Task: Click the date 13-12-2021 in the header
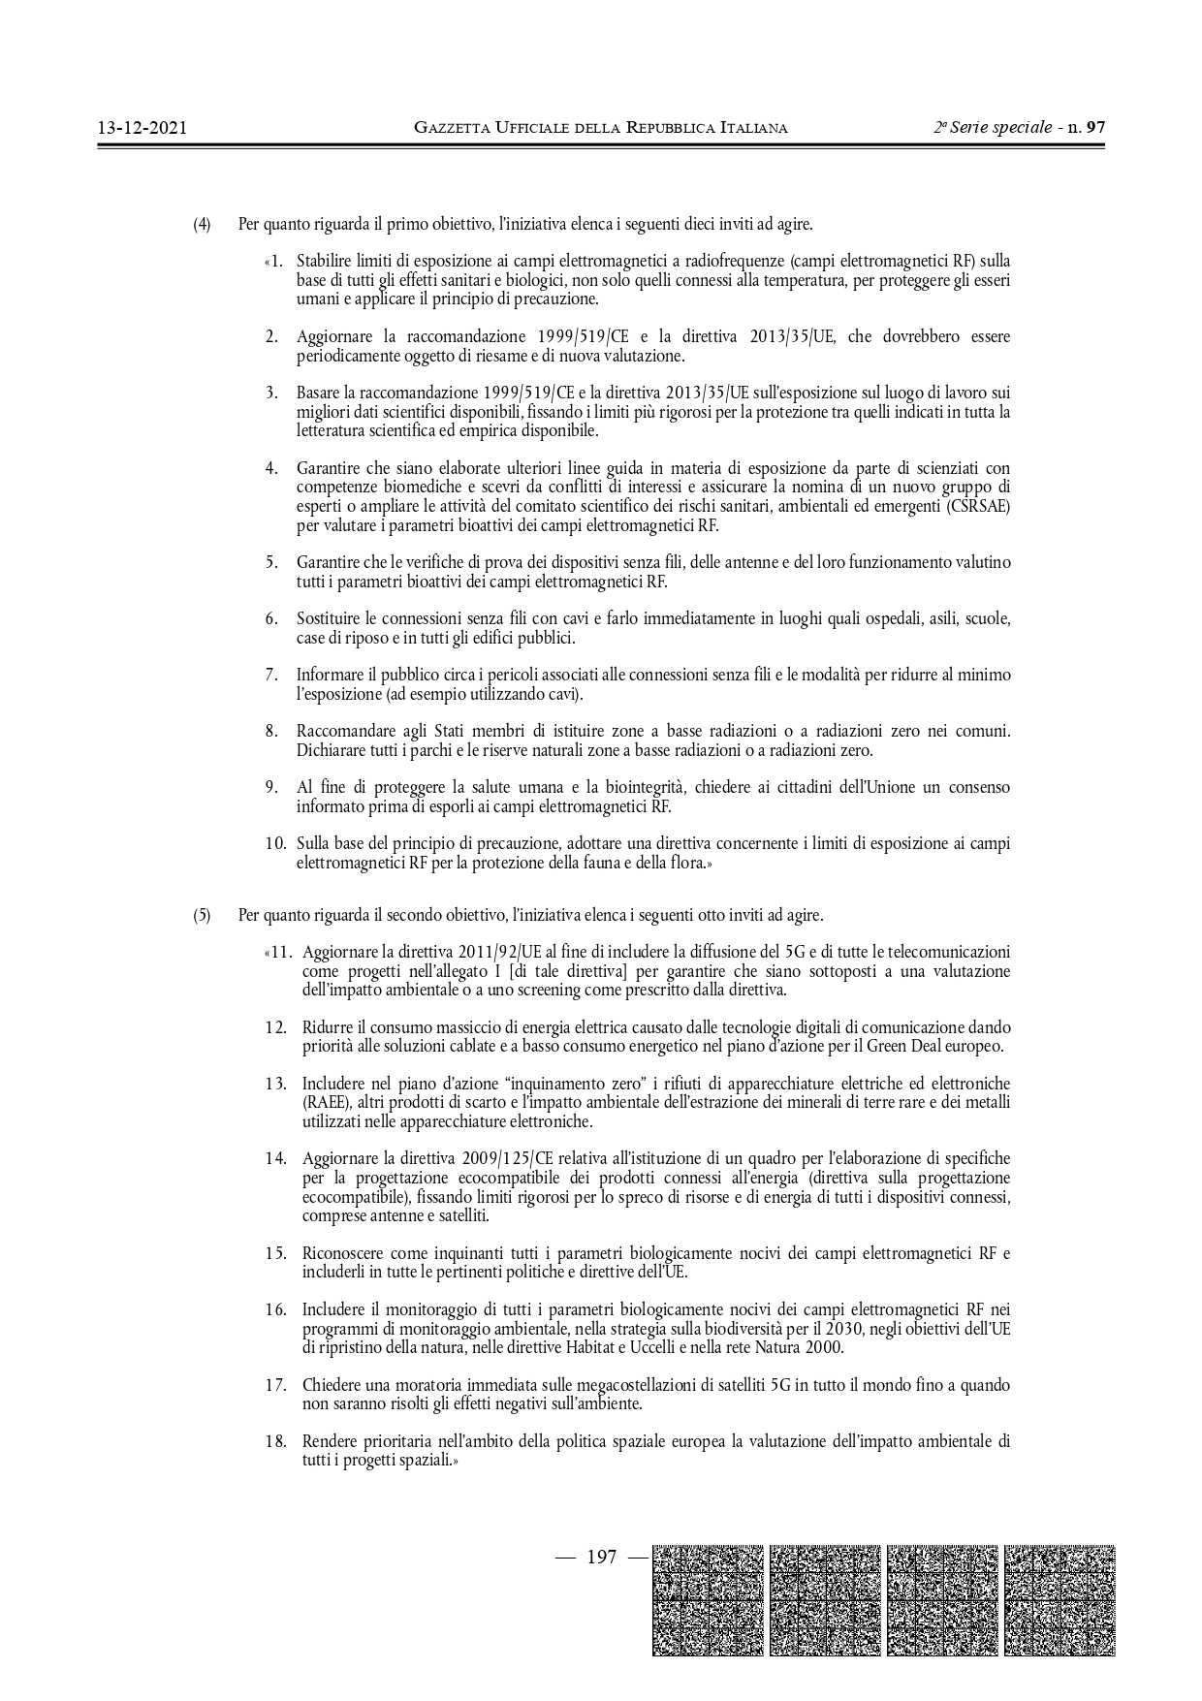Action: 142,127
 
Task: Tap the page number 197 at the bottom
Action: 601,1558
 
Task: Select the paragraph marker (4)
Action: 202,225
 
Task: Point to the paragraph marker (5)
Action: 202,914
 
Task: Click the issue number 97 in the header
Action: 1095,127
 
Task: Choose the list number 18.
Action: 275,1441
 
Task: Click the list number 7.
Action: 272,675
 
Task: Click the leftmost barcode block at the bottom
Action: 708,1599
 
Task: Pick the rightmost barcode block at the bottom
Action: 1060,1599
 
